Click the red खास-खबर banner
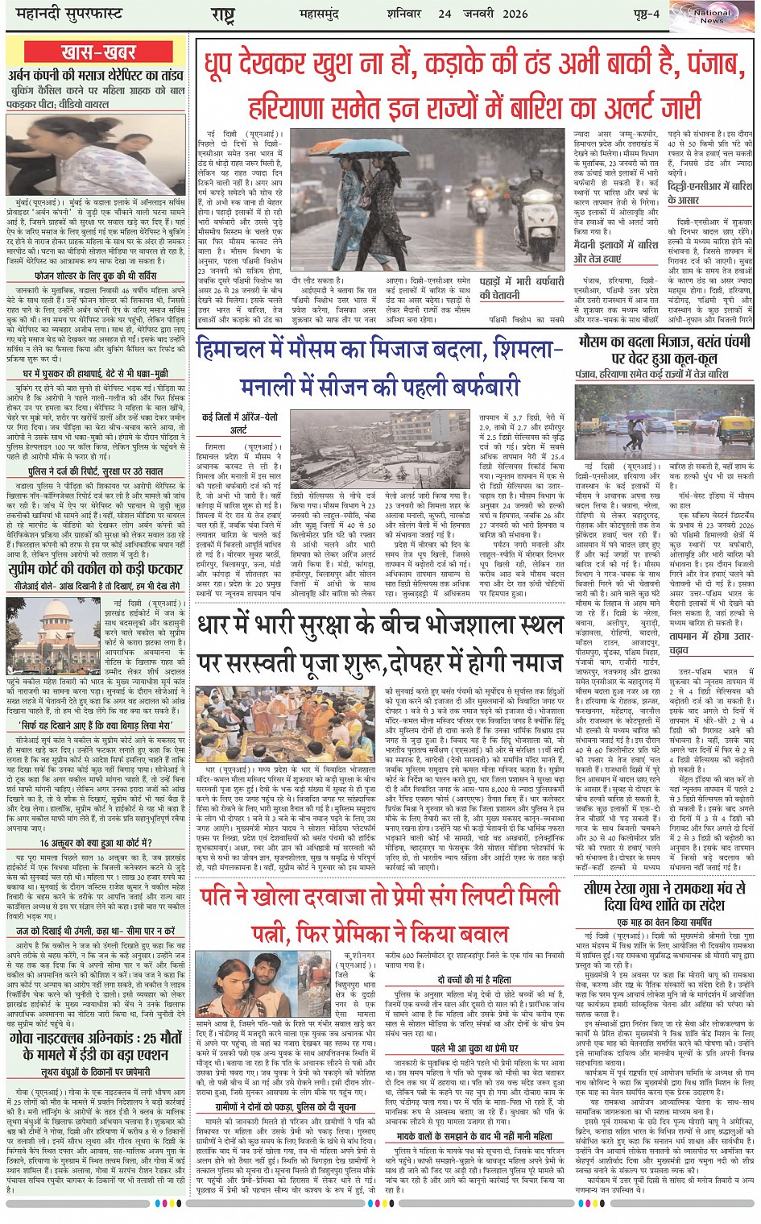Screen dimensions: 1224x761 pos(98,52)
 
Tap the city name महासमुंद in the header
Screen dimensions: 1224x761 pos(340,14)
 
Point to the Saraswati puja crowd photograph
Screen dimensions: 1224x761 pos(285,724)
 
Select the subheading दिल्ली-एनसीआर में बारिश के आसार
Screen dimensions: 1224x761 pos(709,193)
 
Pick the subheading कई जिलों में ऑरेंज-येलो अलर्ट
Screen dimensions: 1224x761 pos(239,423)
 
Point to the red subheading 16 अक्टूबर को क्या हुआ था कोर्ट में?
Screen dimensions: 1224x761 pos(95,843)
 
